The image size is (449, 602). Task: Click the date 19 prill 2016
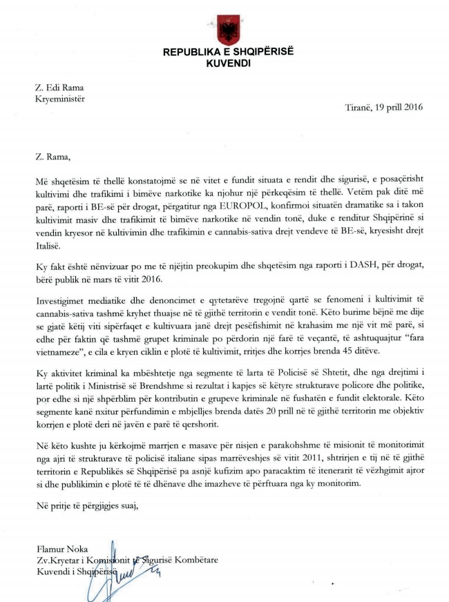pyautogui.click(x=399, y=107)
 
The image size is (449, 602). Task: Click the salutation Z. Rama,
pyautogui.click(x=52, y=157)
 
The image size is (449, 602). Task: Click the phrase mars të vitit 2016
pyautogui.click(x=126, y=278)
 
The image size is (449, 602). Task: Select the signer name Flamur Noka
pyautogui.click(x=59, y=550)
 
